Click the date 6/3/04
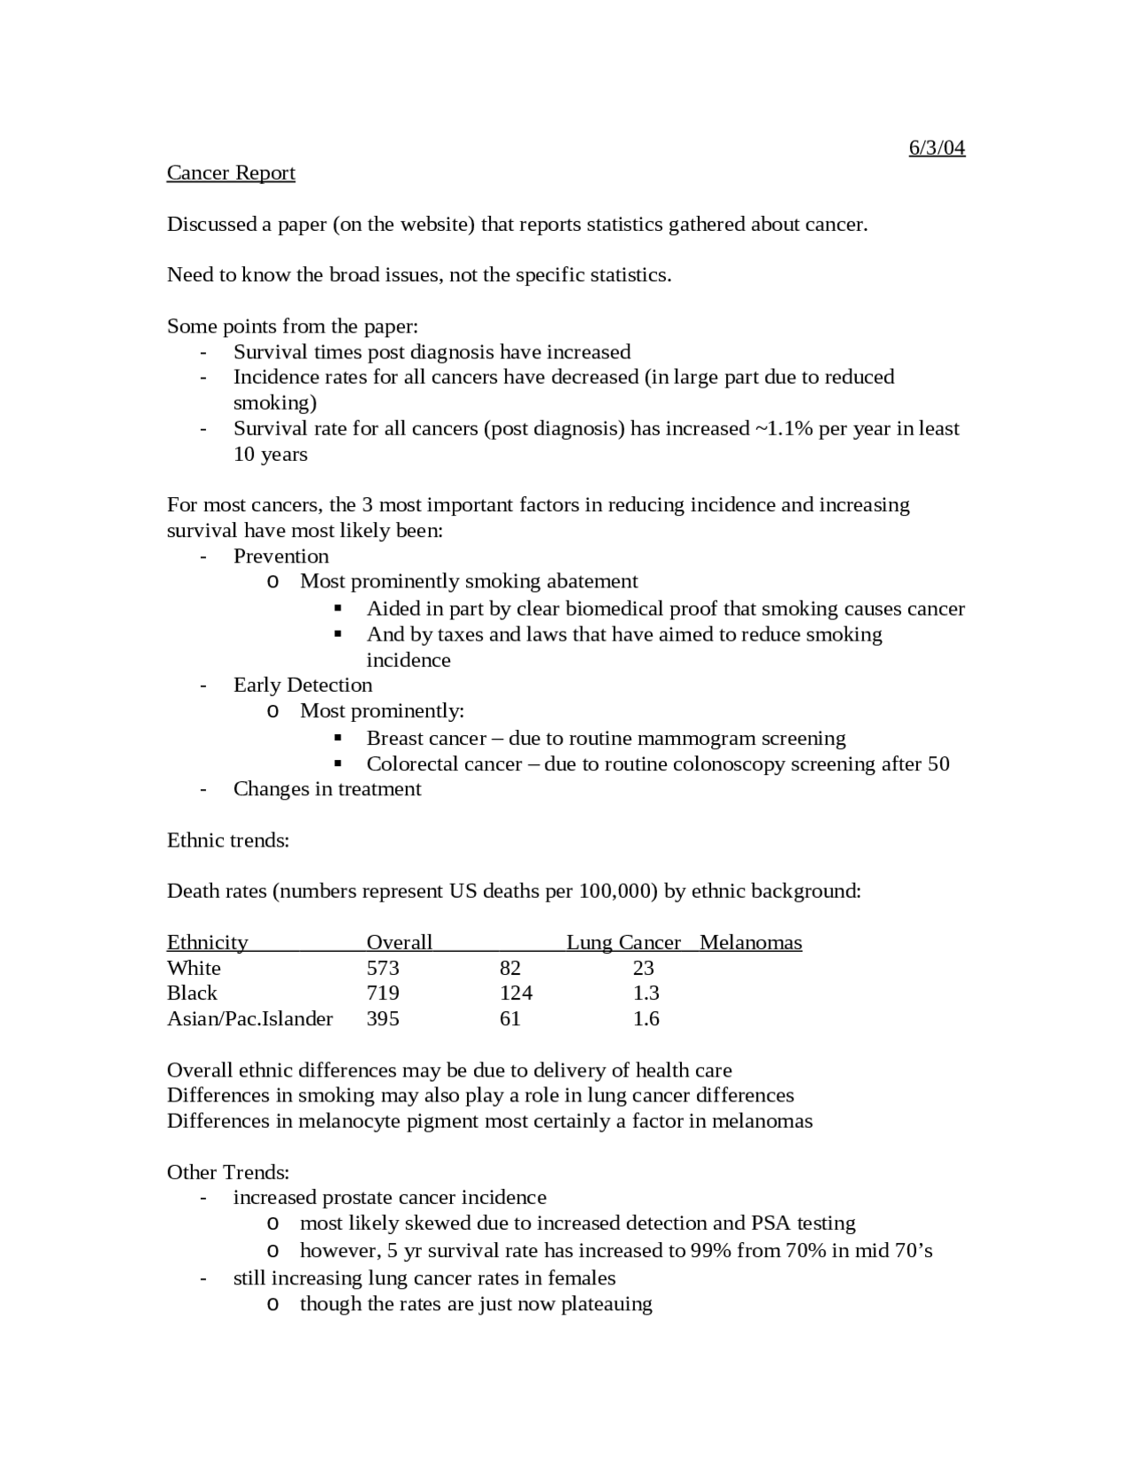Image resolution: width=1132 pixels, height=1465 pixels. (937, 148)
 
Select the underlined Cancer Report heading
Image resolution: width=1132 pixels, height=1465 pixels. (231, 173)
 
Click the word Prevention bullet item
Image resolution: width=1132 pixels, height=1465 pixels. (280, 556)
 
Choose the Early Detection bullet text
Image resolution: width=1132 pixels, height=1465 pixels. (302, 686)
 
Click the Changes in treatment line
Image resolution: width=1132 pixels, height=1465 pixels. (326, 789)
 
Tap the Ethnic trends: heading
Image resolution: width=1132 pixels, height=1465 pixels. (228, 840)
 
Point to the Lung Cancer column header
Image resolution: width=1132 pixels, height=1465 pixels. (623, 943)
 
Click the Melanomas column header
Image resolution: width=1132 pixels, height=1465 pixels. (751, 943)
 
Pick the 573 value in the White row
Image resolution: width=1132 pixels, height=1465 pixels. (383, 969)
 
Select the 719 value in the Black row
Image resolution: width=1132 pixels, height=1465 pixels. (383, 993)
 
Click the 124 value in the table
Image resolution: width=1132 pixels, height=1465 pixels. (516, 993)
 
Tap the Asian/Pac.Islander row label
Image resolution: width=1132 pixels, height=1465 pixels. (249, 1019)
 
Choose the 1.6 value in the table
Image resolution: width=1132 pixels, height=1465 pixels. (646, 1019)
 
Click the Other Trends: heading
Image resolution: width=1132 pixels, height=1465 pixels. (228, 1173)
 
